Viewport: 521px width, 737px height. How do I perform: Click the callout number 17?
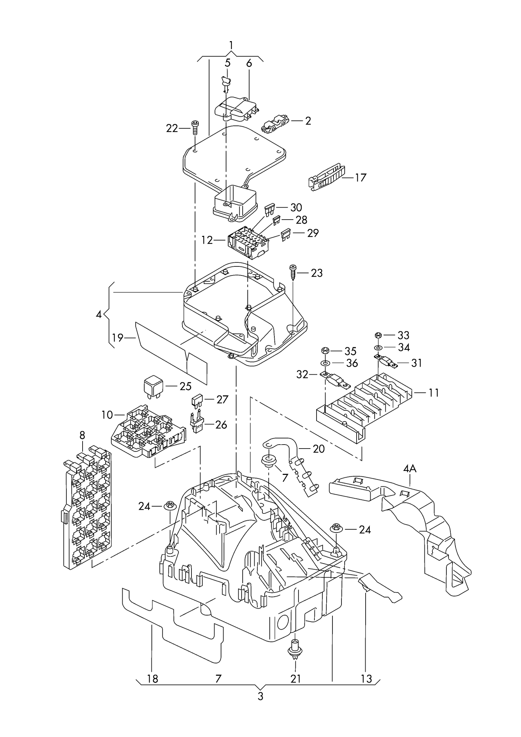(360, 178)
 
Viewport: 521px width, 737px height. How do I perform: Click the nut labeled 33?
(378, 335)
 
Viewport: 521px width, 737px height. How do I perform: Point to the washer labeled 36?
(325, 363)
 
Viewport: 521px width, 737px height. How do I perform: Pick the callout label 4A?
(410, 469)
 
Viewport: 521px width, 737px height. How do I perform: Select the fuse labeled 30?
(269, 209)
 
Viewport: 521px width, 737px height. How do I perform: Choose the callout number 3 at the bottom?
(260, 696)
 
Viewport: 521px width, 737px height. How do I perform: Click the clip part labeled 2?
(274, 123)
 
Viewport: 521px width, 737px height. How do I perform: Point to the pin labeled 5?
(226, 83)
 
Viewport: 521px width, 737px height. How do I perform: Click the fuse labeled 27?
(197, 401)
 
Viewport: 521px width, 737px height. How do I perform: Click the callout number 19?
(118, 338)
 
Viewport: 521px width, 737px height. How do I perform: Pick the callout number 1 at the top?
(231, 45)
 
